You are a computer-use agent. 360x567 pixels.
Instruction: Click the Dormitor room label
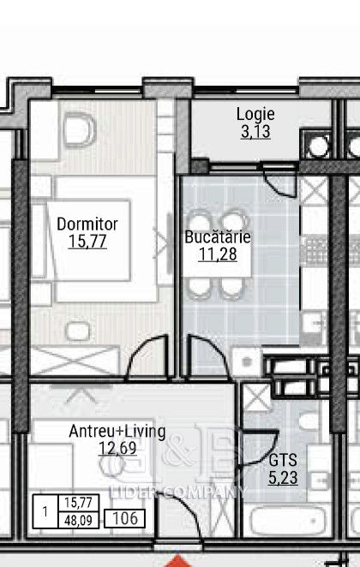pyautogui.click(x=87, y=224)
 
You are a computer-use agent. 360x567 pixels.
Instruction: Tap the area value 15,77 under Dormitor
pyautogui.click(x=87, y=242)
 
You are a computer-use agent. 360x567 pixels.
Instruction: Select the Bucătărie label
pyautogui.click(x=218, y=237)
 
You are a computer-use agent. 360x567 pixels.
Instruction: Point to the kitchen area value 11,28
pyautogui.click(x=218, y=254)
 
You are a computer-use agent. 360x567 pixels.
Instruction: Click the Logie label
pyautogui.click(x=255, y=115)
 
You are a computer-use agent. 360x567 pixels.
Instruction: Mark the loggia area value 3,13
pyautogui.click(x=255, y=132)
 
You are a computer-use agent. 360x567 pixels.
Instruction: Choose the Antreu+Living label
pyautogui.click(x=117, y=432)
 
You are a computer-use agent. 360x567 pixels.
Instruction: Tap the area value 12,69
pyautogui.click(x=117, y=449)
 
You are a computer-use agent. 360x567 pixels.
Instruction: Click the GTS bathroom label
pyautogui.click(x=283, y=460)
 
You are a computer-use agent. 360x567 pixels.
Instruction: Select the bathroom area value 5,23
pyautogui.click(x=283, y=478)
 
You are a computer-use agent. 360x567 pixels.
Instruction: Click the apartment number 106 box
pyautogui.click(x=125, y=518)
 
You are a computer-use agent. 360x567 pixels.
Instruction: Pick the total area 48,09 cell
pyautogui.click(x=79, y=521)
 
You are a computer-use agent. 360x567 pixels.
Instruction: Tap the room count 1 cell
pyautogui.click(x=45, y=511)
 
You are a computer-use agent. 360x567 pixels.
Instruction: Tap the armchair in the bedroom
pyautogui.click(x=79, y=129)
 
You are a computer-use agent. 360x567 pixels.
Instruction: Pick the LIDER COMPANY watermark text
pyautogui.click(x=177, y=492)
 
